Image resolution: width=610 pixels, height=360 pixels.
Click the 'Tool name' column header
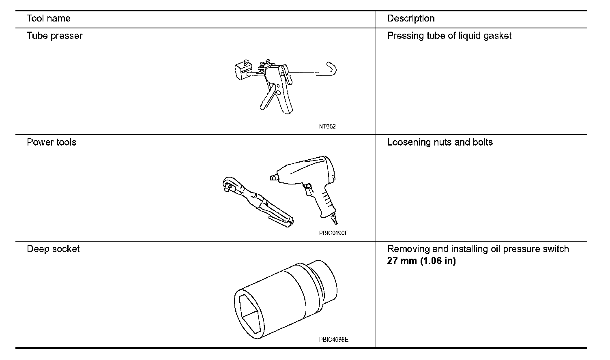click(x=48, y=19)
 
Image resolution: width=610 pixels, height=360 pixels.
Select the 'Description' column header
click(x=410, y=19)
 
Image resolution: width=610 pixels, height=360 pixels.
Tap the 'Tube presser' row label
click(x=54, y=36)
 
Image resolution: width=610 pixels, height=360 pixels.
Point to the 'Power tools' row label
click(x=52, y=142)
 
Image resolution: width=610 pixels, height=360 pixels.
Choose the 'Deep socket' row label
click(x=53, y=249)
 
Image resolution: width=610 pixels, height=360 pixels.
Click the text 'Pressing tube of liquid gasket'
click(x=449, y=36)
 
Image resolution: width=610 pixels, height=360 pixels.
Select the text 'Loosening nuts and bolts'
click(x=440, y=142)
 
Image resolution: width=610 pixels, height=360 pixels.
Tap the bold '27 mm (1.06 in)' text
click(x=421, y=261)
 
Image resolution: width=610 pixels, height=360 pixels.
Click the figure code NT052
click(x=327, y=126)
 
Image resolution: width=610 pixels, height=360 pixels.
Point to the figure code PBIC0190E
click(x=333, y=233)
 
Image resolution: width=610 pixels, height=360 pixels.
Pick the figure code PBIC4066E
click(x=333, y=340)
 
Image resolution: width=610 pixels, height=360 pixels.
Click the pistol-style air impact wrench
click(x=308, y=182)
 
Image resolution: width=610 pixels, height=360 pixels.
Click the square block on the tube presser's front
click(x=242, y=70)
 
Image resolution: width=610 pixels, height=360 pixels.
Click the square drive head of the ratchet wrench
click(x=229, y=185)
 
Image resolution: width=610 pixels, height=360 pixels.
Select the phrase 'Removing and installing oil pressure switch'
click(x=478, y=249)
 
